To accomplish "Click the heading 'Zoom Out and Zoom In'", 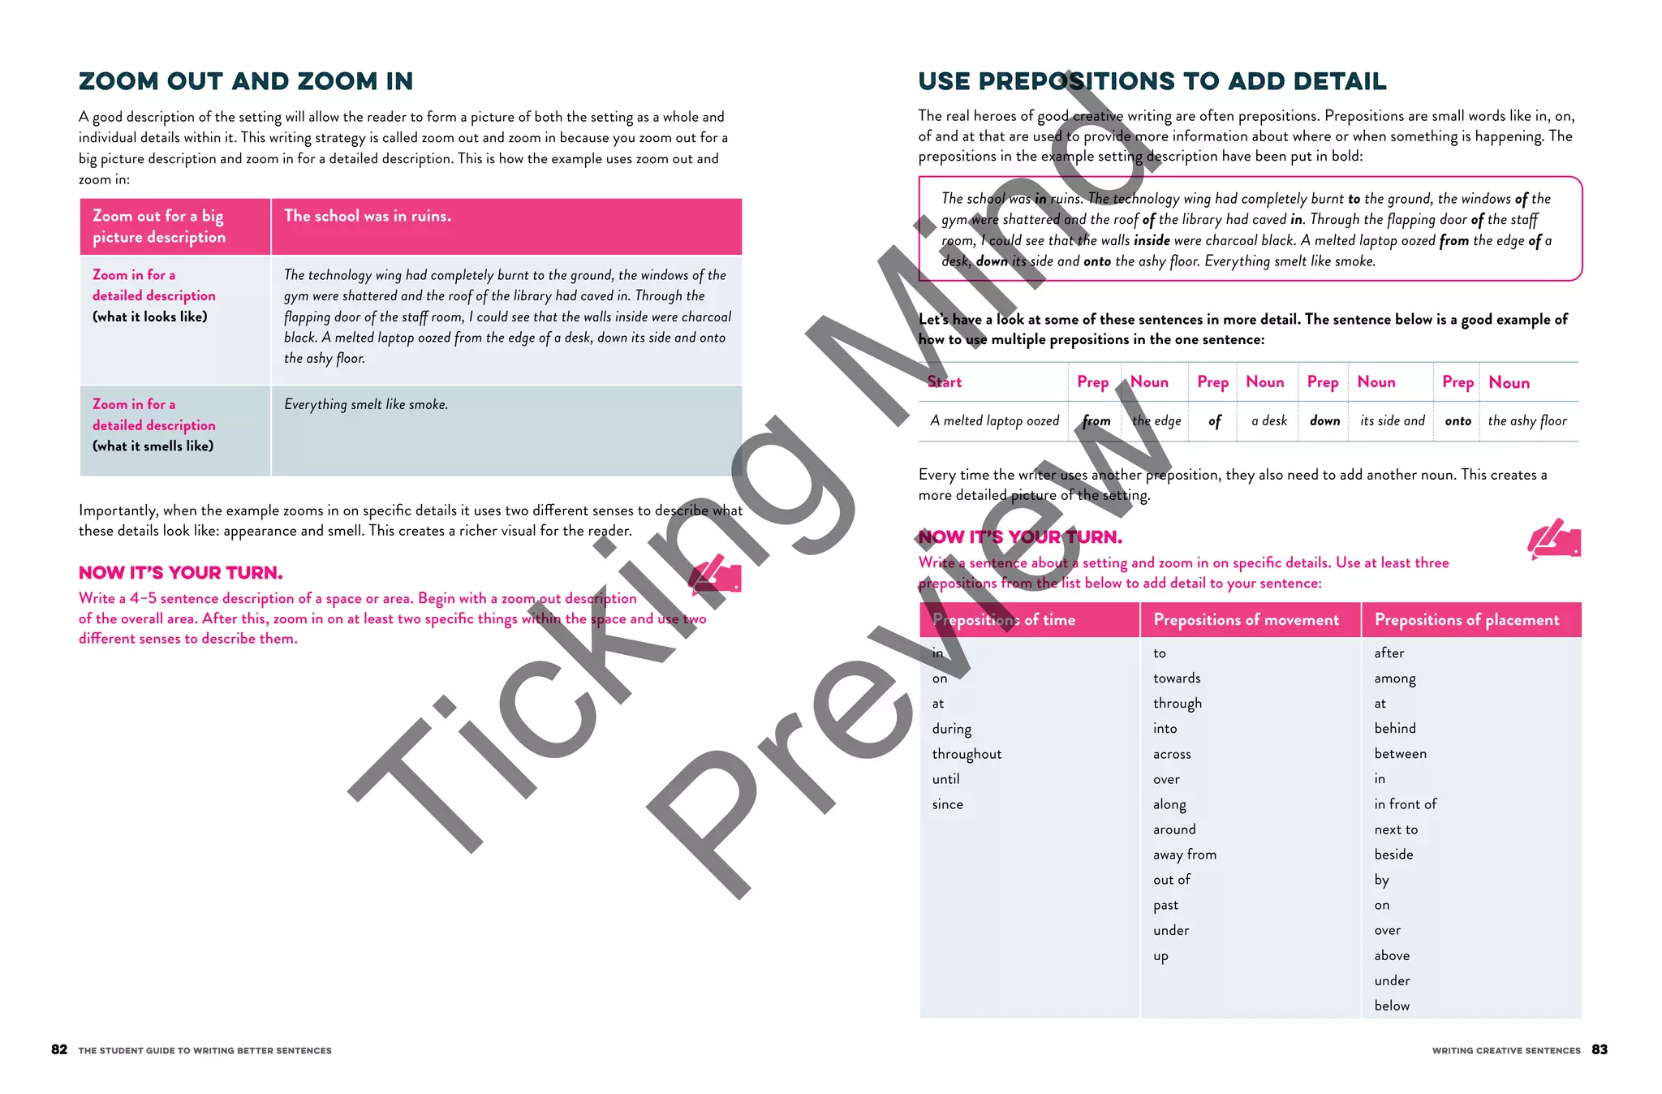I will [x=246, y=81].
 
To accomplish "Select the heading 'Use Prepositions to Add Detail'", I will [x=1152, y=81].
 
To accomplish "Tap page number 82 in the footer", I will [x=59, y=1049].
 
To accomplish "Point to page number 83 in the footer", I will [x=1600, y=1049].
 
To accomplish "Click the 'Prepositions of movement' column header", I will [x=1246, y=620].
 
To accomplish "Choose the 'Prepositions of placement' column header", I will [x=1467, y=620].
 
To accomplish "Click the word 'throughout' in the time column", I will [x=967, y=754].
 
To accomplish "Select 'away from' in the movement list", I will [x=1185, y=855].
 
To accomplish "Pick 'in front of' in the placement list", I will [x=1406, y=803].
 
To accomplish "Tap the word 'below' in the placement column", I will [x=1392, y=1006].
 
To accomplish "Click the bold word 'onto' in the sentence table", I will [x=1457, y=420].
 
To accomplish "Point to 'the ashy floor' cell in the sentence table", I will [x=1527, y=420].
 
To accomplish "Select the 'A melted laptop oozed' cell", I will [x=995, y=420].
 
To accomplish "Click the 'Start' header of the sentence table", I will [x=945, y=381].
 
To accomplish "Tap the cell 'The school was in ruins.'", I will [x=368, y=216].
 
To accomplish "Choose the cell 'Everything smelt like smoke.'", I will [x=366, y=404].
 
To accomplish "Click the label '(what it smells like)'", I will [x=153, y=446].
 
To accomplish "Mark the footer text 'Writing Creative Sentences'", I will [x=1506, y=1050].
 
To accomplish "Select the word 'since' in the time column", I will [x=948, y=804].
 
